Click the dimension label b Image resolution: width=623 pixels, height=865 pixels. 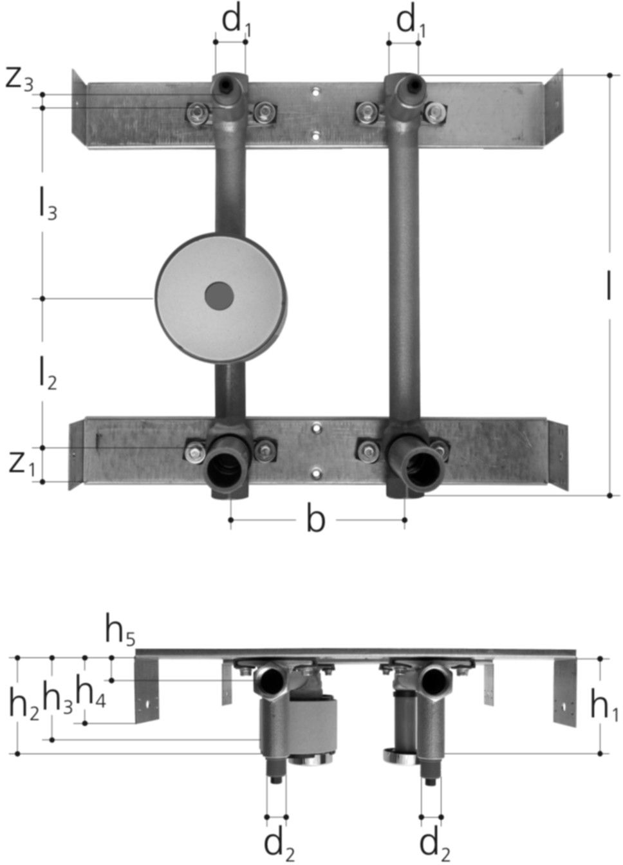tap(315, 519)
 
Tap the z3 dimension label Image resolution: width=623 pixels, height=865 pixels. tap(19, 79)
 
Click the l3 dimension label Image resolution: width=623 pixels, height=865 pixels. tap(46, 205)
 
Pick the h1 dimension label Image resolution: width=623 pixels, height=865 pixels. tap(604, 707)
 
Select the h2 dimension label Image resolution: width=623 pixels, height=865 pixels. tap(24, 704)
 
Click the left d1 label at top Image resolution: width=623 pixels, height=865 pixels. tap(236, 21)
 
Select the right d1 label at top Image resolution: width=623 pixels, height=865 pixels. tap(411, 21)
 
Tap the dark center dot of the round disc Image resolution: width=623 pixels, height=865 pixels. tap(219, 295)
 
